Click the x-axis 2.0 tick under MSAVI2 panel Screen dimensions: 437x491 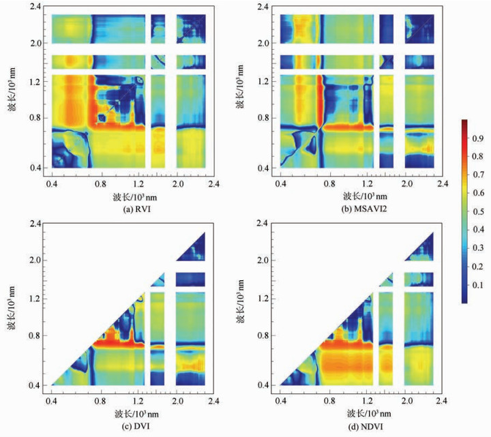coord(406,184)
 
